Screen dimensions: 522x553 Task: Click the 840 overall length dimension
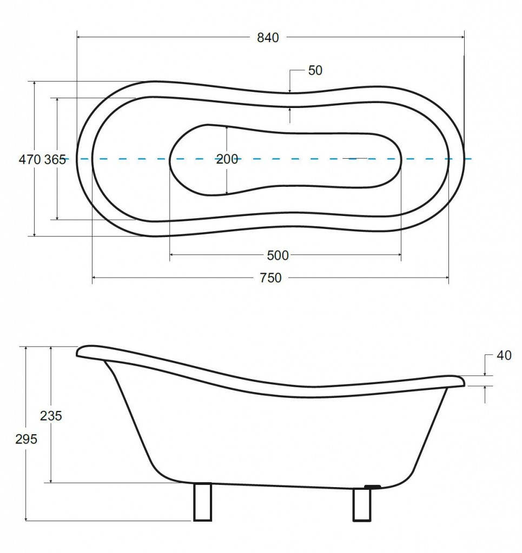(x=268, y=37)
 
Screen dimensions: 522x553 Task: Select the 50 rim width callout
(x=315, y=71)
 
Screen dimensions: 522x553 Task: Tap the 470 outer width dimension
(x=30, y=160)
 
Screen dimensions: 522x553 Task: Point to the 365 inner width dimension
(x=55, y=160)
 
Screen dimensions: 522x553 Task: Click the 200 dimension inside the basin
(x=227, y=159)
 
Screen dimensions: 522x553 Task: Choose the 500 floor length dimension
(x=277, y=255)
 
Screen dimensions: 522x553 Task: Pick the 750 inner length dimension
(x=270, y=278)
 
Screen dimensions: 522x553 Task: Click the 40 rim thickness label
(x=504, y=355)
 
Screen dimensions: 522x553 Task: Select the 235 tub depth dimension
(x=51, y=416)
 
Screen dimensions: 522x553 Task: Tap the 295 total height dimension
(x=26, y=440)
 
